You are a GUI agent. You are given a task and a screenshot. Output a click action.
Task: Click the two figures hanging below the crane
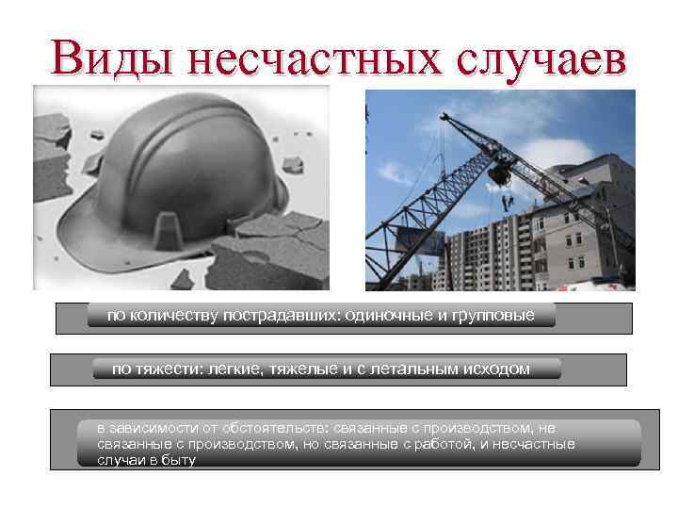pyautogui.click(x=508, y=201)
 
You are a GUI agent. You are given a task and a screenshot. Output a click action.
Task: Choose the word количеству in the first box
pyautogui.click(x=173, y=316)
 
